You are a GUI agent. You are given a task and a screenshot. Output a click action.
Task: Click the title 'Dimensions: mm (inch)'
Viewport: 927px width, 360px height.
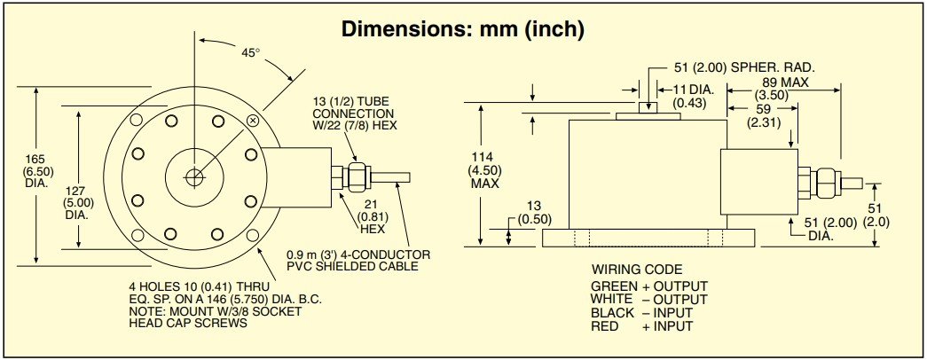[x=462, y=29]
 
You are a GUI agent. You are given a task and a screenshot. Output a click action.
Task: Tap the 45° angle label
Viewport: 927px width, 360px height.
[x=250, y=52]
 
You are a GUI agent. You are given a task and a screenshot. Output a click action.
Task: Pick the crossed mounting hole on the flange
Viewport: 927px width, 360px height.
[x=254, y=120]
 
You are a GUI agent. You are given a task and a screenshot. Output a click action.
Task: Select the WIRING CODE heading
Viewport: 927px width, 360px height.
[x=637, y=270]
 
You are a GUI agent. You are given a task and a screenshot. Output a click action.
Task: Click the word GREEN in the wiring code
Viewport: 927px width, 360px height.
[x=612, y=286]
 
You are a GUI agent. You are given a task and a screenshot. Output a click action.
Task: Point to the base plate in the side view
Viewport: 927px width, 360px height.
[x=648, y=237]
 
